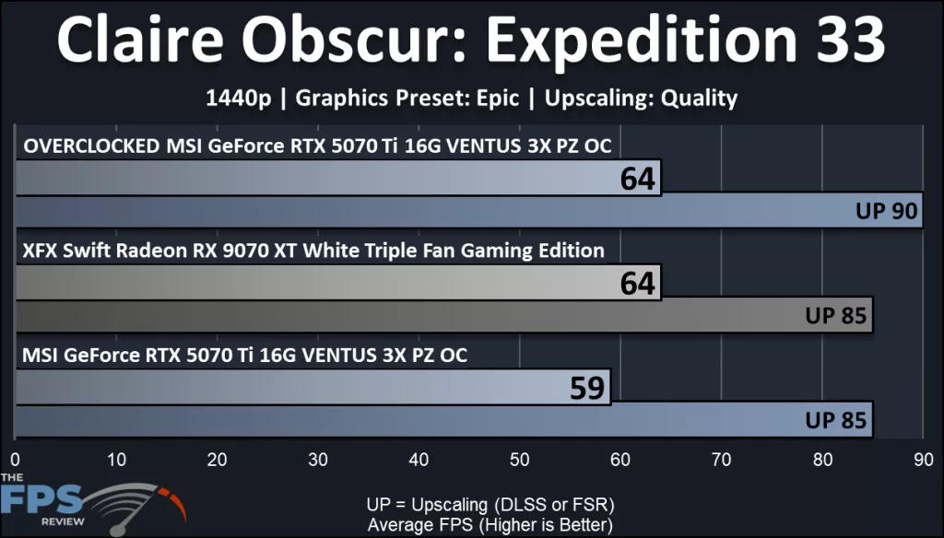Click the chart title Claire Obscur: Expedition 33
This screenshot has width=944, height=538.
471,41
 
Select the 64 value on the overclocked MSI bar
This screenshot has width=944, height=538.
637,178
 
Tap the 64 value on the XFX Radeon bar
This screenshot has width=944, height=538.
637,283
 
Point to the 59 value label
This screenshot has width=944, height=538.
587,388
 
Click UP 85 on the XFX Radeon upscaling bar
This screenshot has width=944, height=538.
836,316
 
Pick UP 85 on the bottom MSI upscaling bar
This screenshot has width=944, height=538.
836,421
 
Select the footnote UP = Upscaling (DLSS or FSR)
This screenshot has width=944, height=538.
490,505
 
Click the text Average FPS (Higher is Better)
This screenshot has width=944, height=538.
490,524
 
